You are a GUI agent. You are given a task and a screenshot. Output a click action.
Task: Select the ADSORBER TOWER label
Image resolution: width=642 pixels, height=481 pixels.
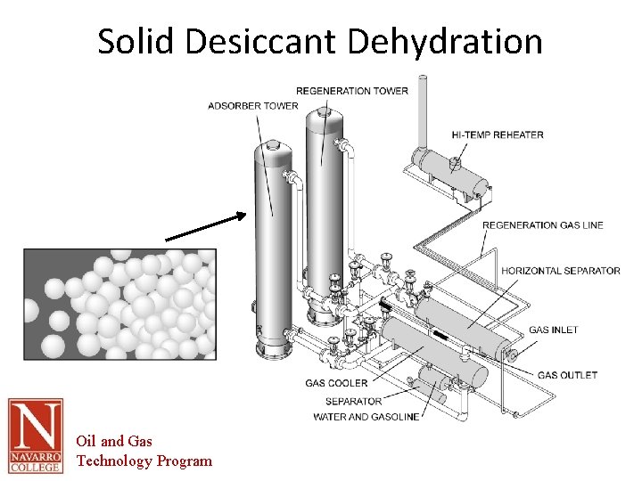pos(253,106)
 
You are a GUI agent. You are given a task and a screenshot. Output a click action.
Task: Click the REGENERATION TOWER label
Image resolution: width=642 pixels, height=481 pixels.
pos(352,90)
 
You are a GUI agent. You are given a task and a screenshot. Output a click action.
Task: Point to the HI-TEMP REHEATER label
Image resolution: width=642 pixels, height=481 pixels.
pos(498,135)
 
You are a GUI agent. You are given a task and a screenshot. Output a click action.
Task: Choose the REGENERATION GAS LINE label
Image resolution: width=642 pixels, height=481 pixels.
pos(543,224)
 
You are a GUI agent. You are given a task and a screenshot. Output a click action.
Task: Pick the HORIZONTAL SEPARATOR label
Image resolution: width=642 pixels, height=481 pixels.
pos(561,271)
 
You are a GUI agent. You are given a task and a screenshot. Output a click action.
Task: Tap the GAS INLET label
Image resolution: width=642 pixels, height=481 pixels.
pos(554,330)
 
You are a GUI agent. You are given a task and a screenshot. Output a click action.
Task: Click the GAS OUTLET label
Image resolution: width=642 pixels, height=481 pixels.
pos(567,375)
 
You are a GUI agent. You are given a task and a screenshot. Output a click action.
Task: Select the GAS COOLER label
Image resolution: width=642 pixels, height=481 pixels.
pos(336,383)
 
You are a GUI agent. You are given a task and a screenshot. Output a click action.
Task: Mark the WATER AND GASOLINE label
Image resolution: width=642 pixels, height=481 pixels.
pos(366,417)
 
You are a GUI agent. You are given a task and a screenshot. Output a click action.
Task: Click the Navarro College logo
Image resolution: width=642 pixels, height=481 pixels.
pos(36,436)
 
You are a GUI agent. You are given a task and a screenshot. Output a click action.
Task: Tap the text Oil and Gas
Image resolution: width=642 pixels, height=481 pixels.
pos(114,441)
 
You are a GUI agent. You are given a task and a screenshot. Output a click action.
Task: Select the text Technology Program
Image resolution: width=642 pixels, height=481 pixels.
pos(144,461)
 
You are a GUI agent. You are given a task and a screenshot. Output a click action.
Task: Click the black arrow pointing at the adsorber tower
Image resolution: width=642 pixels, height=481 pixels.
pos(205,226)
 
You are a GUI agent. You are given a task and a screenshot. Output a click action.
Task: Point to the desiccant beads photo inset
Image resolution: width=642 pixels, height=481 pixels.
pos(119,304)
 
